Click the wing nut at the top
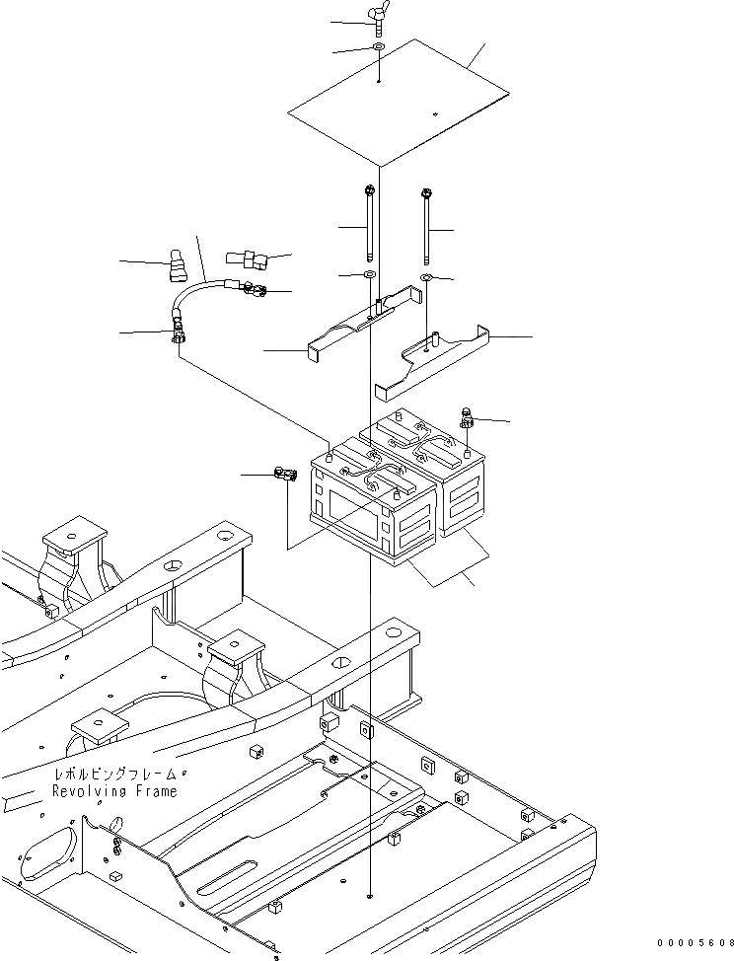click(379, 23)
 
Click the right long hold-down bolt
click(426, 226)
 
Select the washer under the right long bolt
click(426, 280)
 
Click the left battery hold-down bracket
click(357, 324)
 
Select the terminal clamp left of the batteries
click(285, 475)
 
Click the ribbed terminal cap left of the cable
click(177, 263)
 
